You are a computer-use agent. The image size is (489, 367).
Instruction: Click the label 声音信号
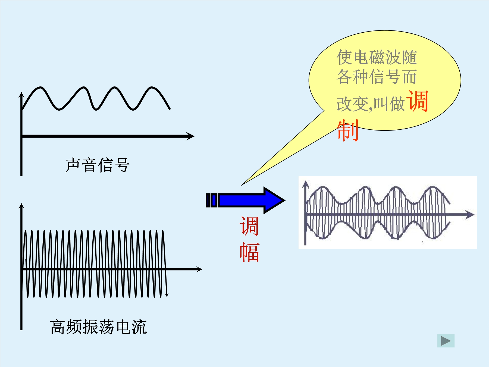(98, 165)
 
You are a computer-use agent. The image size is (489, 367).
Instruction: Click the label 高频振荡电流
(99, 327)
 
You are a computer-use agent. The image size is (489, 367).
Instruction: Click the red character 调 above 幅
(249, 226)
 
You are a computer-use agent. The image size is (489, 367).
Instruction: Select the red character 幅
(249, 252)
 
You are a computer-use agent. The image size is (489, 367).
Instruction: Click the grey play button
(446, 341)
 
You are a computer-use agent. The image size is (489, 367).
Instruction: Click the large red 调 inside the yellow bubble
(417, 101)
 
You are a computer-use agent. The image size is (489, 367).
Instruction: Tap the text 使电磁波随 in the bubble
(377, 57)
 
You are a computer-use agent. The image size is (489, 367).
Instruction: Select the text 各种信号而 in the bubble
(377, 76)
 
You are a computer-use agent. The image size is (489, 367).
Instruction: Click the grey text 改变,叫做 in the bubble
(371, 104)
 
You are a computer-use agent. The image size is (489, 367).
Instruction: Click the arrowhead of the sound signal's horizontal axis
(190, 136)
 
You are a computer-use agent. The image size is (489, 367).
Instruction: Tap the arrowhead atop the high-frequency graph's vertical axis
(21, 207)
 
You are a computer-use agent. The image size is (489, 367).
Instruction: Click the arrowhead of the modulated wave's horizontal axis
(470, 215)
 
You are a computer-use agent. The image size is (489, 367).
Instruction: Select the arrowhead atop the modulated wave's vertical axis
(306, 185)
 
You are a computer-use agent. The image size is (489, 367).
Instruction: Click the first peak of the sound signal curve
(40, 88)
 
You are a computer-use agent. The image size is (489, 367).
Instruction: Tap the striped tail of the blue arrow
(212, 200)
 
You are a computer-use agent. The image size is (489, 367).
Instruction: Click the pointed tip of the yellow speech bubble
(241, 186)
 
